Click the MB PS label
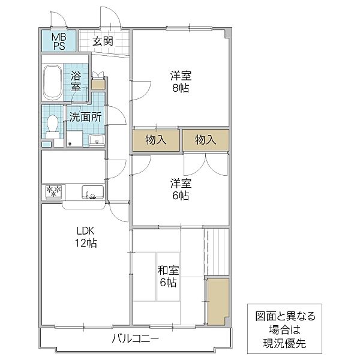point(59,41)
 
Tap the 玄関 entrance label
point(103,41)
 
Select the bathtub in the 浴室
point(53,82)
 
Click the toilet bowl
point(52,126)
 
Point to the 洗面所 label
point(85,117)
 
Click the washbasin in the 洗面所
point(97,140)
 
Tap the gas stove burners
point(53,191)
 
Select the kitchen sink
point(93,192)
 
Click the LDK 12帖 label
point(86,237)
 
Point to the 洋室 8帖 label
point(181,82)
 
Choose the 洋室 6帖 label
point(181,189)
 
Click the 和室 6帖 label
point(168,276)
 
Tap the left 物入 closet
point(156,140)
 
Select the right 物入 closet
point(206,140)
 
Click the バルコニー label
point(136,338)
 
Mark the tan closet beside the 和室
point(218,301)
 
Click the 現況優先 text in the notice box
point(284,343)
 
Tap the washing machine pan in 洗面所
point(74,139)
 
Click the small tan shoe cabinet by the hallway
point(98,84)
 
